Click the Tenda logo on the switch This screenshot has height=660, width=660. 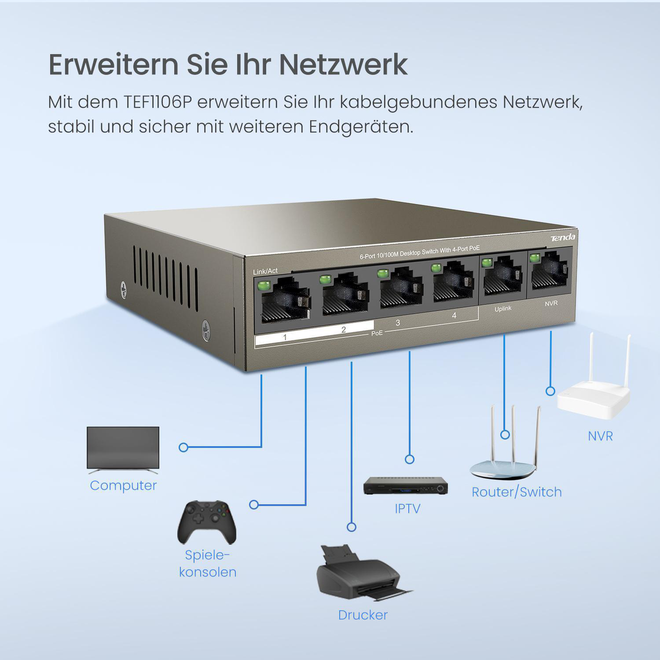[563, 238]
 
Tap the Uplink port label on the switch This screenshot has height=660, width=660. [503, 309]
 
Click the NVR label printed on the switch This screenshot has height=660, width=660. [551, 303]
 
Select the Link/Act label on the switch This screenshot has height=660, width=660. [266, 271]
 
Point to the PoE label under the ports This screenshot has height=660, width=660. [377, 333]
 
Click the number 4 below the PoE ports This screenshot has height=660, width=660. [454, 316]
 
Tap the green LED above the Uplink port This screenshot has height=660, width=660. [486, 263]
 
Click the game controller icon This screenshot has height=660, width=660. [207, 522]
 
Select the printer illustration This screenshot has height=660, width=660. [364, 573]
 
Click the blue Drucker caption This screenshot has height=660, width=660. [362, 624]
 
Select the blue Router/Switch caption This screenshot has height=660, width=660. [516, 492]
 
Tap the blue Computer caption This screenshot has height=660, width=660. [123, 486]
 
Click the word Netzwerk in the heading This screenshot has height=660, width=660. [344, 64]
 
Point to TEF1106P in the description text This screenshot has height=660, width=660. [157, 102]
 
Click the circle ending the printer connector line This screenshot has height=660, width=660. [351, 527]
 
